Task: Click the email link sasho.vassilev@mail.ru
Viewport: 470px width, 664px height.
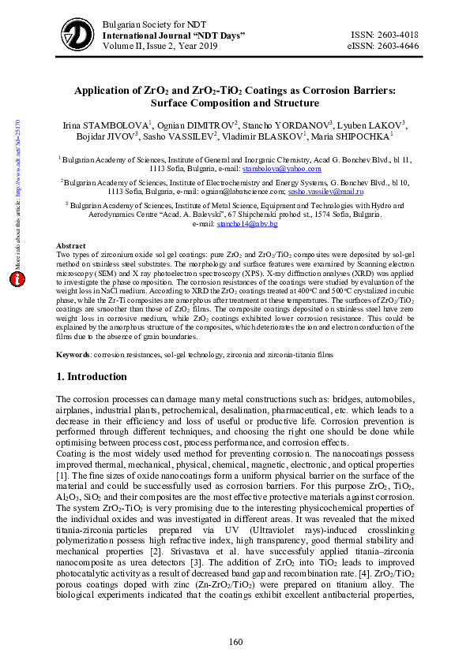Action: point(326,191)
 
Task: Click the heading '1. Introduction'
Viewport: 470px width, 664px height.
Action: point(92,377)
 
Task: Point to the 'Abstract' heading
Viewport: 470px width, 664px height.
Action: point(72,246)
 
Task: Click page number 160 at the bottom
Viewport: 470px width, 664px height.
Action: point(235,642)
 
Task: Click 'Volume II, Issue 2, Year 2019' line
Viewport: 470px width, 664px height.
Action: point(160,47)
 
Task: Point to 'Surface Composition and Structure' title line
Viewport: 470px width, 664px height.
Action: point(234,103)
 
